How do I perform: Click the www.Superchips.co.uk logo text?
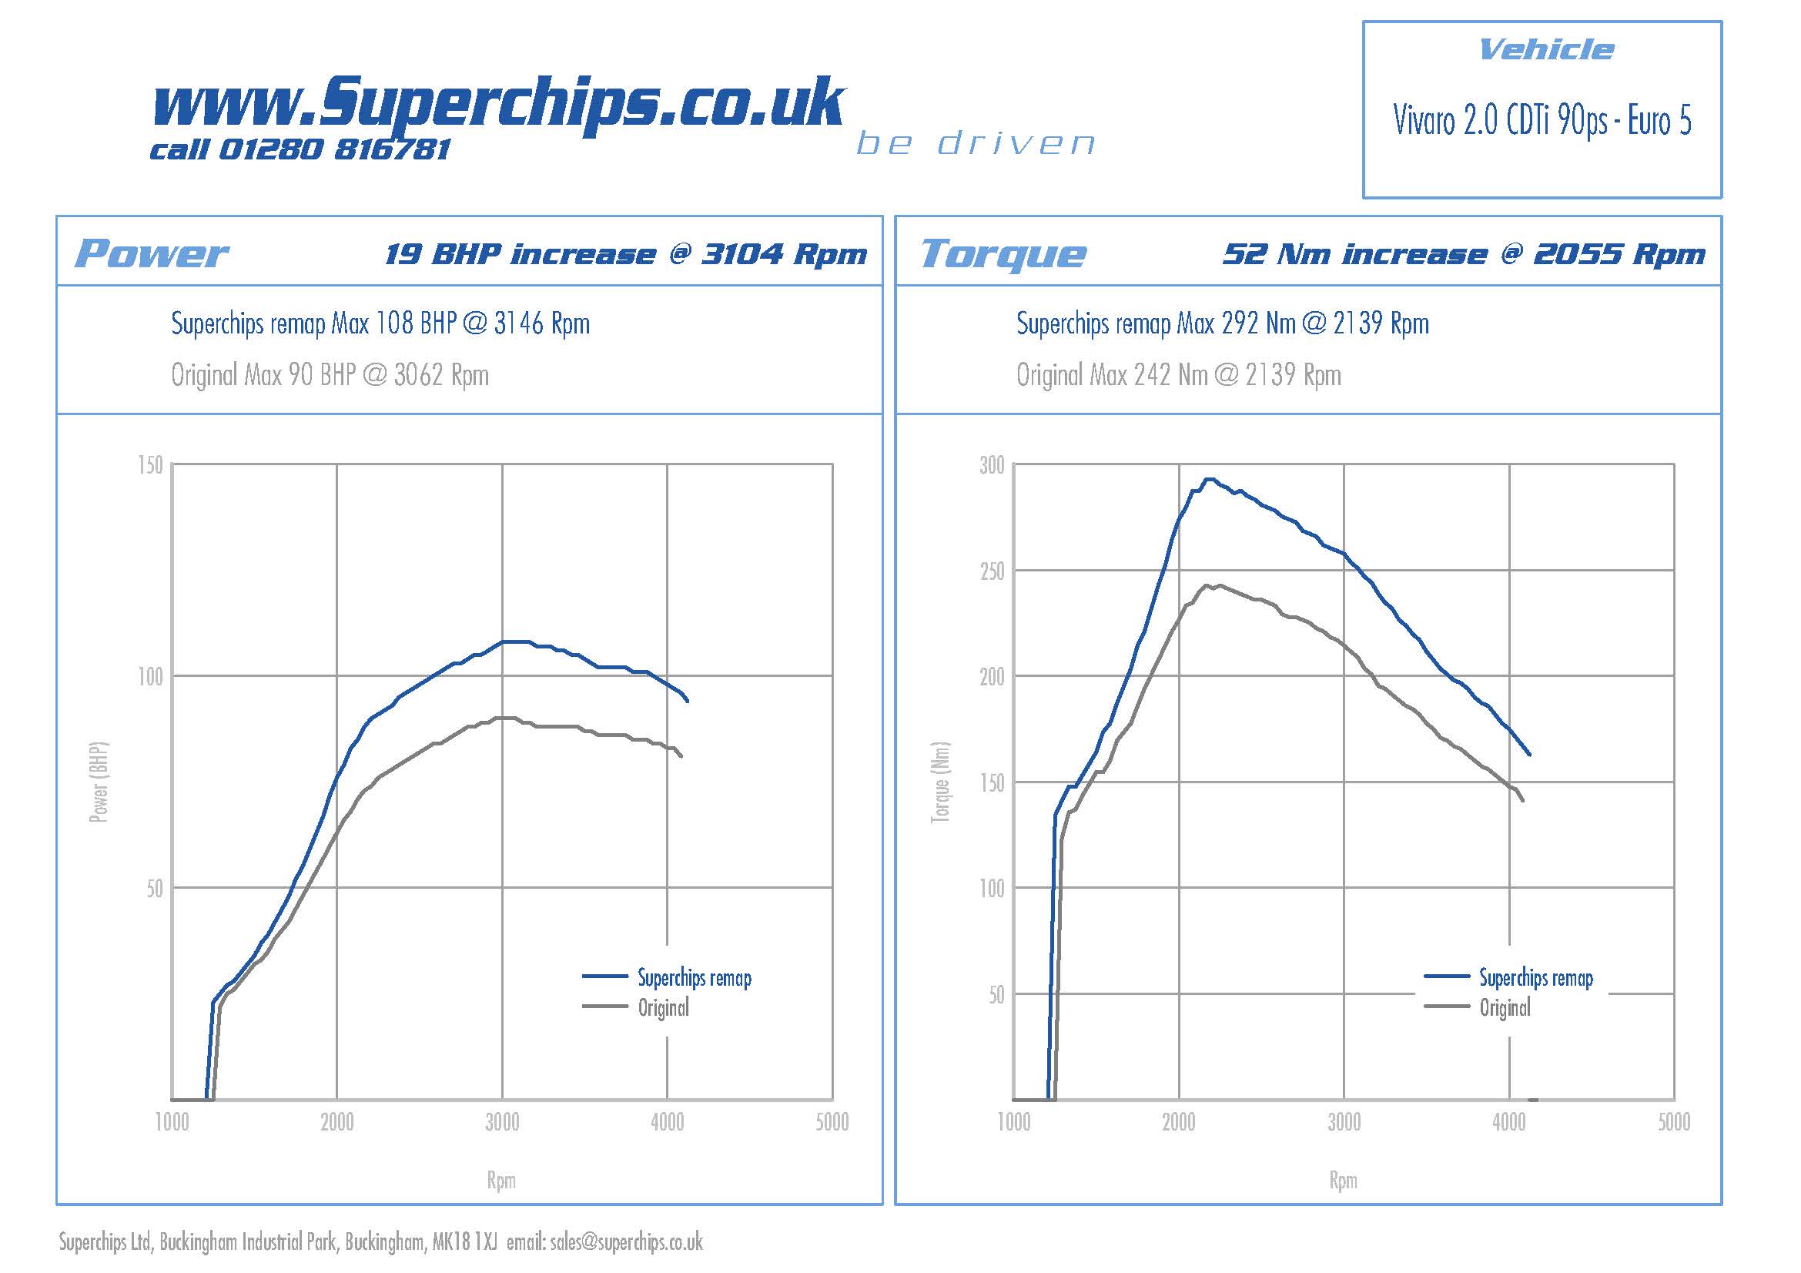[x=498, y=104]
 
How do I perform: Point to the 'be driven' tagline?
[x=975, y=143]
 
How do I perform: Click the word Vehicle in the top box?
[x=1545, y=50]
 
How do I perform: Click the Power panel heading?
[x=151, y=254]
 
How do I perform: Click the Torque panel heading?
[x=1003, y=254]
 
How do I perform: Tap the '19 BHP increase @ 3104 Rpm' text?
[x=625, y=254]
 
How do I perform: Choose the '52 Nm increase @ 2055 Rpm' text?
[x=1464, y=254]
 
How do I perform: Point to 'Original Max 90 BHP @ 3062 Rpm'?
[x=330, y=375]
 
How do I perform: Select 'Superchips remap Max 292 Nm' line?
[x=1222, y=323]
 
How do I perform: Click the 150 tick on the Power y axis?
[x=150, y=465]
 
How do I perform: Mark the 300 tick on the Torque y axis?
[x=992, y=465]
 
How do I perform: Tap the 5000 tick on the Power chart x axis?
[x=832, y=1122]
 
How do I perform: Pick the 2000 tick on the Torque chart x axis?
[x=1178, y=1122]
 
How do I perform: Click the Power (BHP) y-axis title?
[x=98, y=782]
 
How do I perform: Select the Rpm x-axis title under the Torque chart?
[x=1343, y=1181]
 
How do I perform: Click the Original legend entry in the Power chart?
[x=663, y=1008]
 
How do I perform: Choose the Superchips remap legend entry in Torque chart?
[x=1535, y=978]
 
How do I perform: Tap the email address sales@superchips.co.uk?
[x=626, y=1241]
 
